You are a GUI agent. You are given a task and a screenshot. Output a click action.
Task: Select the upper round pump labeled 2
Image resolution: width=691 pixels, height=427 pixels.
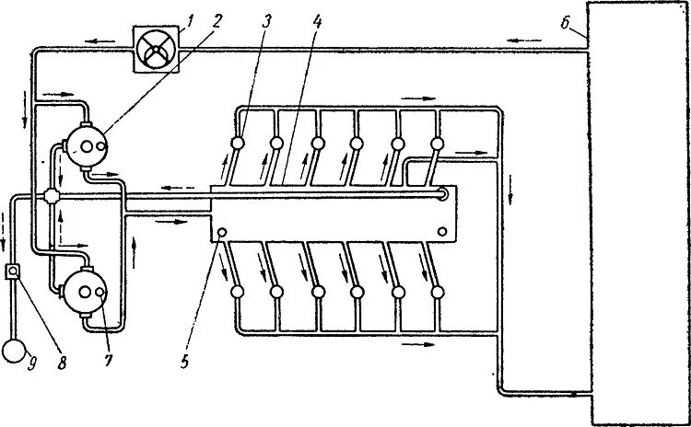pyautogui.click(x=85, y=145)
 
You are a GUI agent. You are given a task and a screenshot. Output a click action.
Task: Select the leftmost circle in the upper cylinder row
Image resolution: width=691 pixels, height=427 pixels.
pyautogui.click(x=237, y=144)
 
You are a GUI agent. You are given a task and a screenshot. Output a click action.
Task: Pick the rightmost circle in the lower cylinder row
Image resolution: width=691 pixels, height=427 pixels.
pyautogui.click(x=437, y=291)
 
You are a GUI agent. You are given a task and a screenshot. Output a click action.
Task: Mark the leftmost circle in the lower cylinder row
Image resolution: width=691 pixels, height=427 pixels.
pyautogui.click(x=237, y=291)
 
